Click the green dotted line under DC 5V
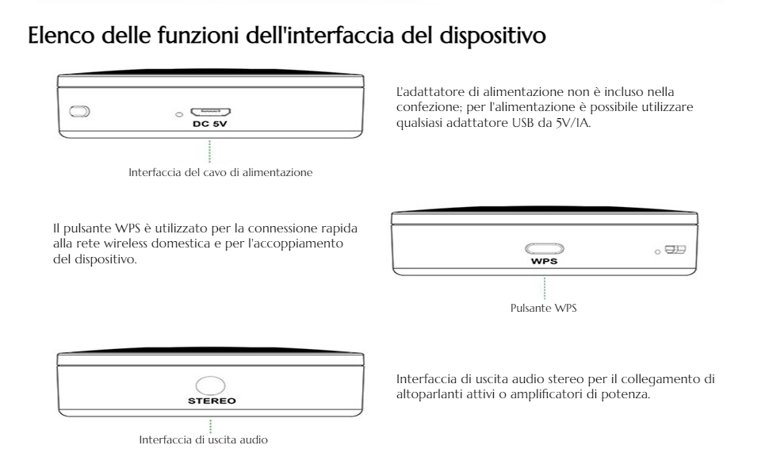(x=210, y=150)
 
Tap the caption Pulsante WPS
(x=543, y=309)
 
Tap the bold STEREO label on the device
(x=210, y=401)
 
